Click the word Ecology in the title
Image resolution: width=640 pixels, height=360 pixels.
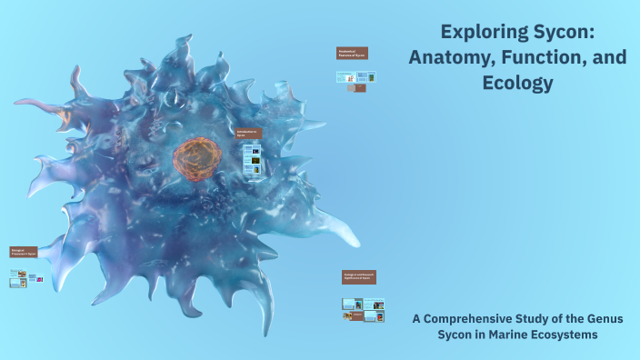[x=518, y=83]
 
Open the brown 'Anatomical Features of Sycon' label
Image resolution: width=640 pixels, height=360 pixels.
[x=352, y=53]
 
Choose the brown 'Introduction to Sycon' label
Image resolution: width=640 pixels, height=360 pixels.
[x=248, y=133]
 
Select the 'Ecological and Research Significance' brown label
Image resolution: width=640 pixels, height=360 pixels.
[x=358, y=276]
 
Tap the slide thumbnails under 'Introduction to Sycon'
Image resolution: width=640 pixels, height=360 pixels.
[x=253, y=160]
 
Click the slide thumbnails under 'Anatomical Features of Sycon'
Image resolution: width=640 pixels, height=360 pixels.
[x=356, y=82]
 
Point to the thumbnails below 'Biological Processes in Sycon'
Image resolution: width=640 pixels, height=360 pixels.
[x=25, y=278]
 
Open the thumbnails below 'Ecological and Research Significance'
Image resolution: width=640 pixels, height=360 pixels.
[x=363, y=309]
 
